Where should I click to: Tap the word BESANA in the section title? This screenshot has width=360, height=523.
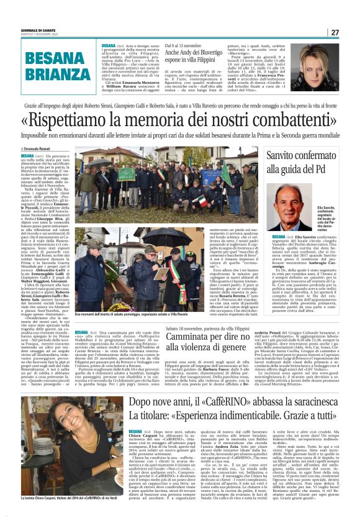pos(43,60)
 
